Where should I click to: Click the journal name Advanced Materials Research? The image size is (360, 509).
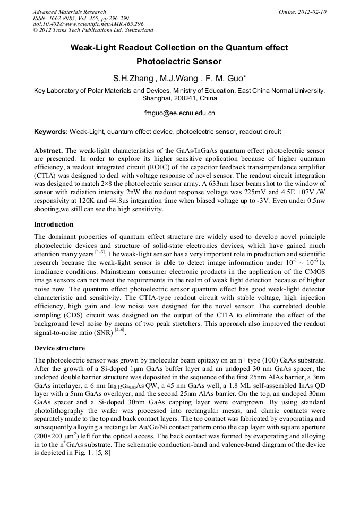tap(69, 12)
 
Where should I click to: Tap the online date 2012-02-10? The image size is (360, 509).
tap(311, 12)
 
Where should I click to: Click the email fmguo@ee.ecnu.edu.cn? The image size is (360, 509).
tap(179, 113)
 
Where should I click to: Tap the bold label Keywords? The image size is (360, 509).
tap(51, 131)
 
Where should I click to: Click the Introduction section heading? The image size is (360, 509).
tap(54, 225)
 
